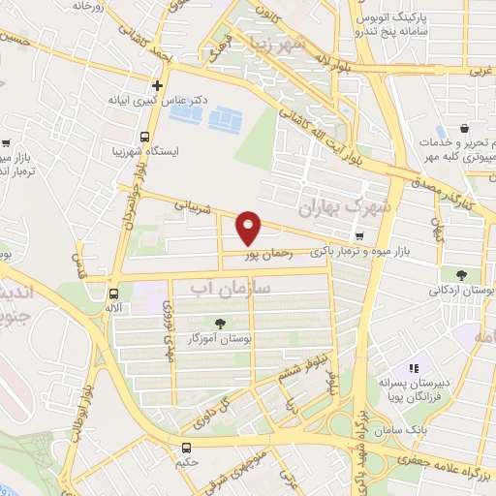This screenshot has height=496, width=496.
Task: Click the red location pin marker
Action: (x=249, y=228)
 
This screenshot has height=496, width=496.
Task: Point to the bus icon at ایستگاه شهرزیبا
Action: (x=144, y=138)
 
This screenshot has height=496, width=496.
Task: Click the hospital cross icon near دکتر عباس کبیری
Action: (x=157, y=85)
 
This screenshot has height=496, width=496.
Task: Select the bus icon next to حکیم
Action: (x=186, y=448)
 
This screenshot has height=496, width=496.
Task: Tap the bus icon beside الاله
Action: (x=114, y=292)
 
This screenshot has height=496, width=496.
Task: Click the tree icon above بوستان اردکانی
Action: (x=459, y=274)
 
